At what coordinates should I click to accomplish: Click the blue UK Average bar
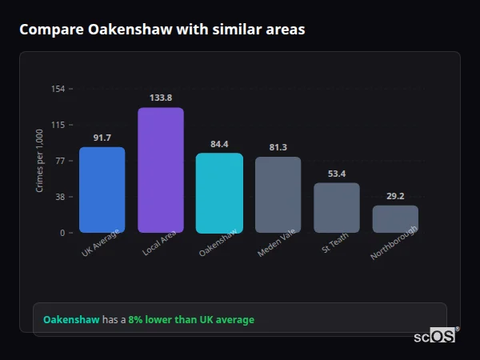pyautogui.click(x=102, y=190)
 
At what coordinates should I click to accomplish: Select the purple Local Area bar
pyautogui.click(x=161, y=170)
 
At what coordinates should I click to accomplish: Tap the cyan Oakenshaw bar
pyautogui.click(x=219, y=193)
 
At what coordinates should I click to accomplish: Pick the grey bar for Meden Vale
pyautogui.click(x=278, y=194)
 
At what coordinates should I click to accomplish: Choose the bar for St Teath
pyautogui.click(x=337, y=208)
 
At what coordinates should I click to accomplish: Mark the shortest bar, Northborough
pyautogui.click(x=395, y=218)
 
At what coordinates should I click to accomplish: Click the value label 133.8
pyautogui.click(x=161, y=98)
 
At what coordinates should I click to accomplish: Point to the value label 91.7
pyautogui.click(x=102, y=138)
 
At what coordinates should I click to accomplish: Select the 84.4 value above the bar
pyautogui.click(x=219, y=144)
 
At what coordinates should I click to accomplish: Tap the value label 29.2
pyautogui.click(x=395, y=196)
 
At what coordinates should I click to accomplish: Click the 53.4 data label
pyautogui.click(x=337, y=174)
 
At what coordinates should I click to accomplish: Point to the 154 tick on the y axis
pyautogui.click(x=58, y=89)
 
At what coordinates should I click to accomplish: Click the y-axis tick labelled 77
pyautogui.click(x=60, y=161)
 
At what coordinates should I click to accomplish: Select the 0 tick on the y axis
pyautogui.click(x=62, y=233)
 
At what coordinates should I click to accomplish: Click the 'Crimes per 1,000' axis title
pyautogui.click(x=40, y=161)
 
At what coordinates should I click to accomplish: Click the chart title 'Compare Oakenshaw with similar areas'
pyautogui.click(x=162, y=30)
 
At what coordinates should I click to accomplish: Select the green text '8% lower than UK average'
pyautogui.click(x=191, y=320)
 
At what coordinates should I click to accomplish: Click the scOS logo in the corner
pyautogui.click(x=435, y=336)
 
